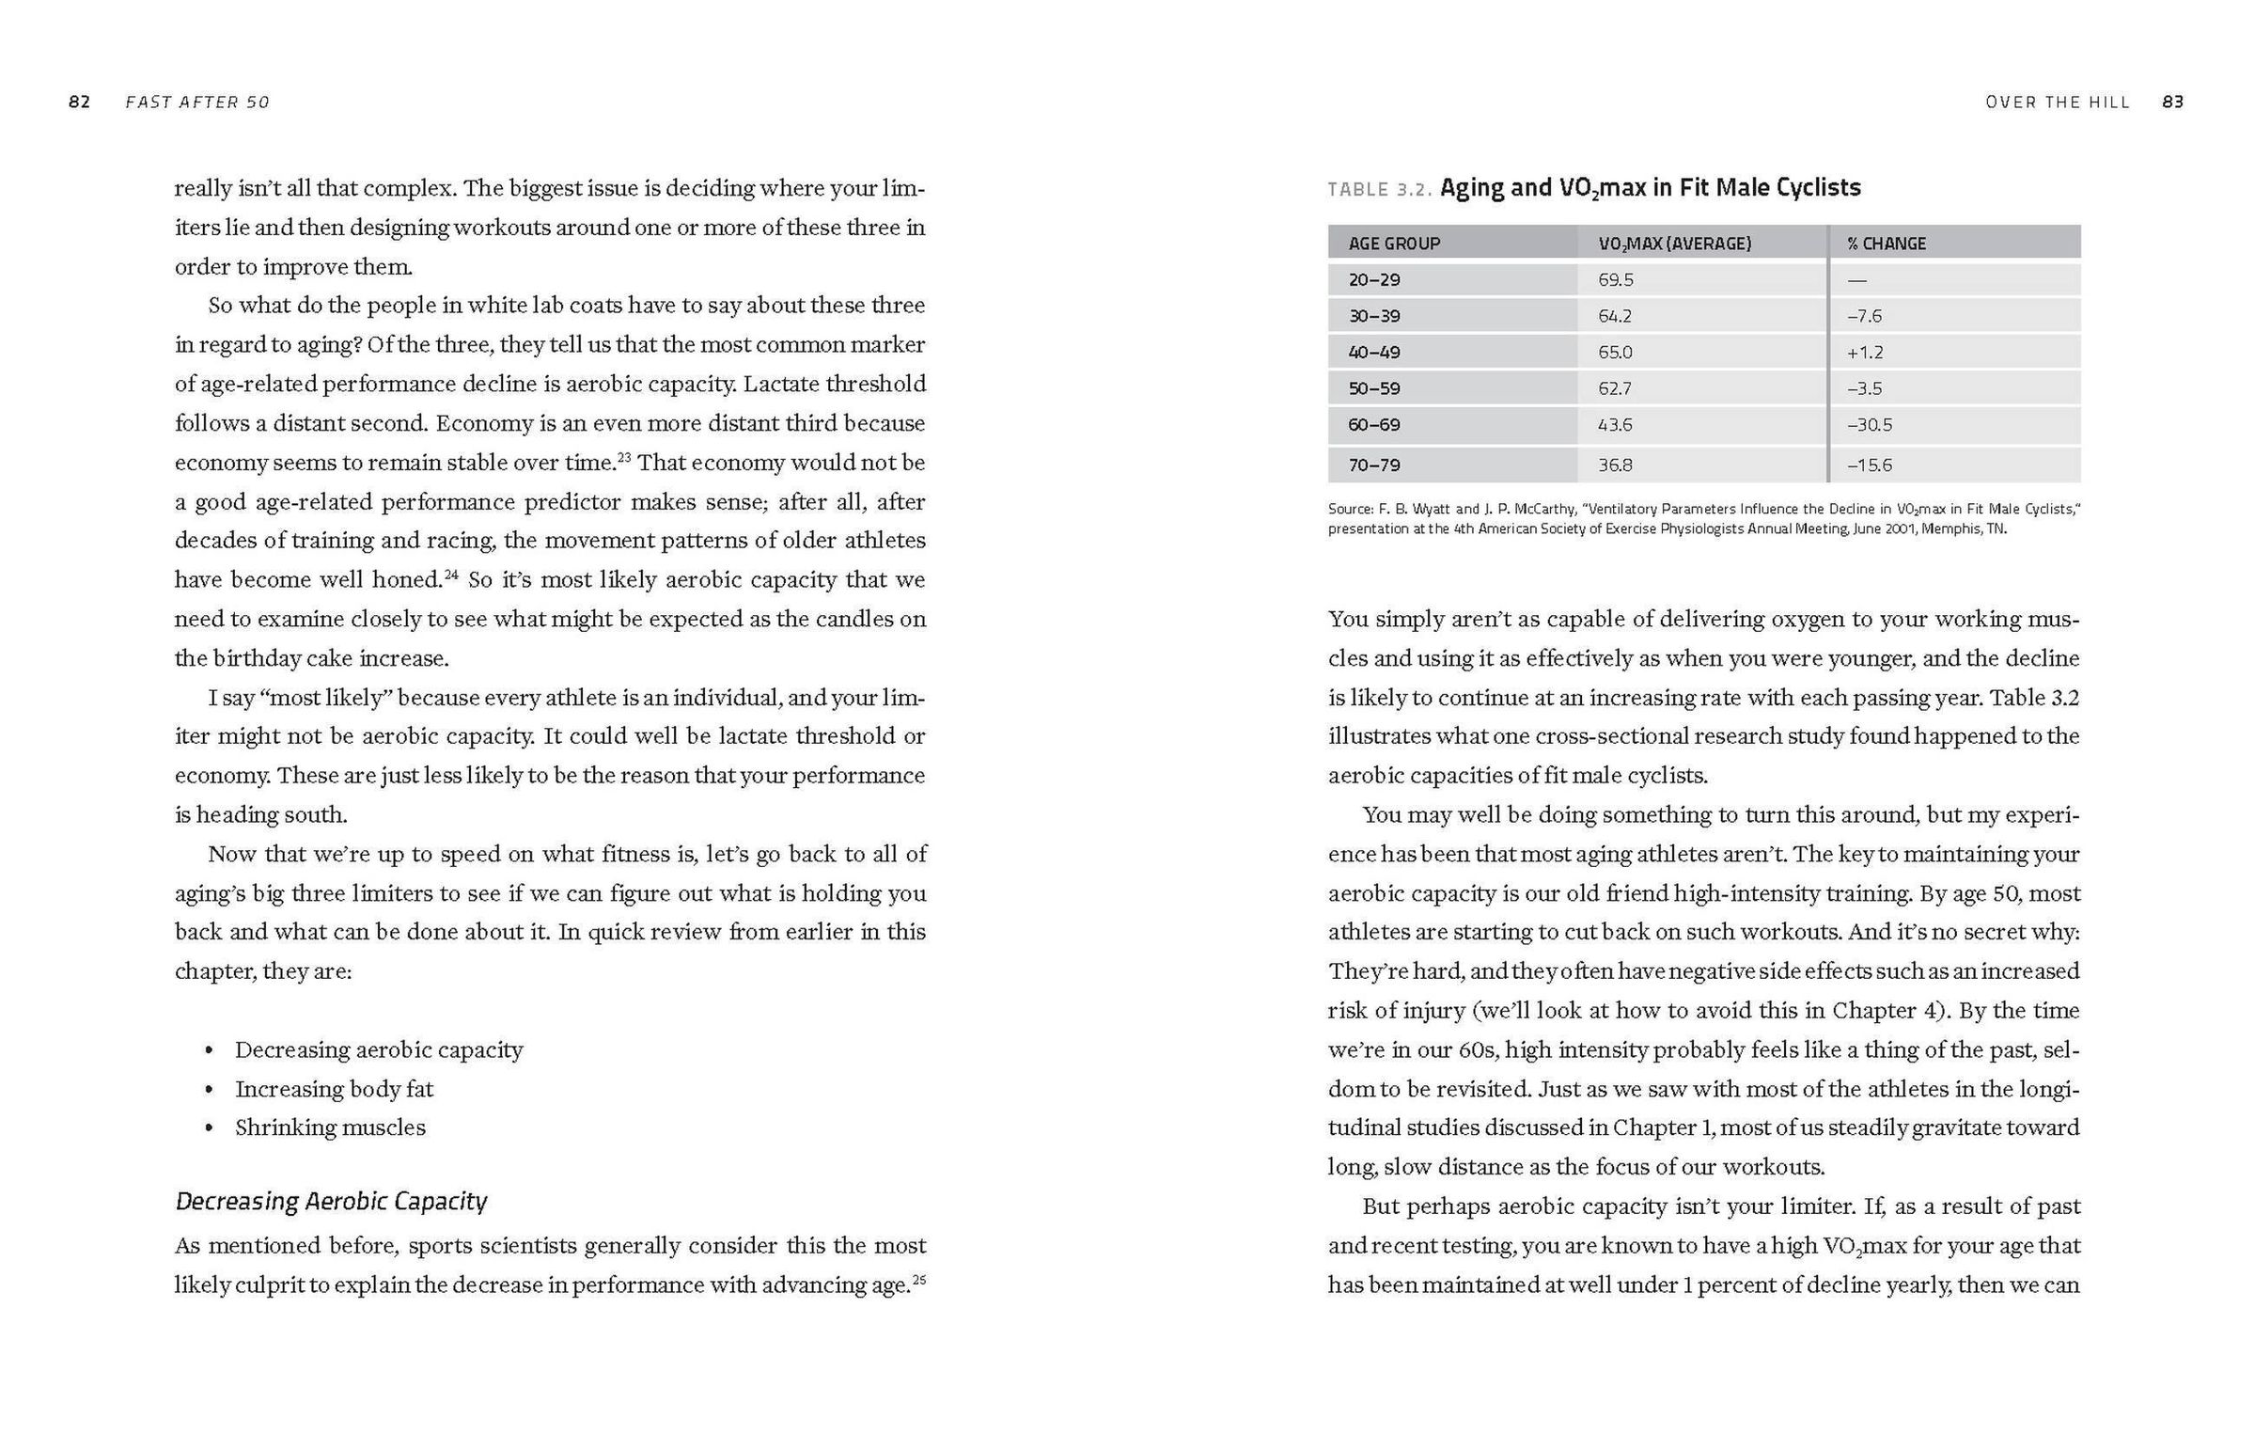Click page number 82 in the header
(79, 102)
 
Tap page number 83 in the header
(2173, 102)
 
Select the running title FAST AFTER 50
(197, 102)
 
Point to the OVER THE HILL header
(2058, 102)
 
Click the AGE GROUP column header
(1394, 244)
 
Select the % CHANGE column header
(1887, 244)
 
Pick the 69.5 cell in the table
(1615, 279)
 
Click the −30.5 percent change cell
(1869, 425)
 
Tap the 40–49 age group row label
(1374, 352)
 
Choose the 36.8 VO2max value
(1615, 465)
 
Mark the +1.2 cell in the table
(1864, 352)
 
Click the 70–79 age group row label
(1374, 465)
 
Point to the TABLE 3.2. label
(1380, 190)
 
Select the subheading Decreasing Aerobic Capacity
(331, 1202)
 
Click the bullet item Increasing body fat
(334, 1090)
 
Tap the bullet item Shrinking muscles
(330, 1128)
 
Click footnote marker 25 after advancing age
(919, 1280)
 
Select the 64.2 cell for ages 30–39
(1615, 316)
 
